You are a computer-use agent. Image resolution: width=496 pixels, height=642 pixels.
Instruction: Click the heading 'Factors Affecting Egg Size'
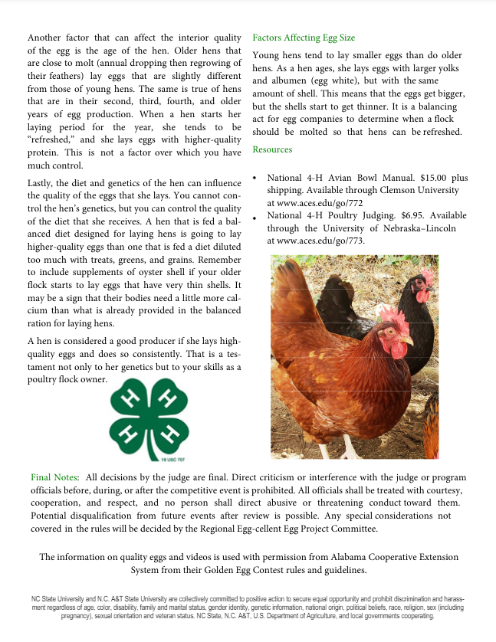[x=304, y=38]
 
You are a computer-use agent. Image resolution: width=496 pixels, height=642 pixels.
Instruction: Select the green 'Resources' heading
[x=272, y=149]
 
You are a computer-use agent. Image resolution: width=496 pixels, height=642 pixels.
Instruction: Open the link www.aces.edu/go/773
[x=315, y=241]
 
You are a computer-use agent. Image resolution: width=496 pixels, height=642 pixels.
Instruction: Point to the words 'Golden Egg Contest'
[x=225, y=570]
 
